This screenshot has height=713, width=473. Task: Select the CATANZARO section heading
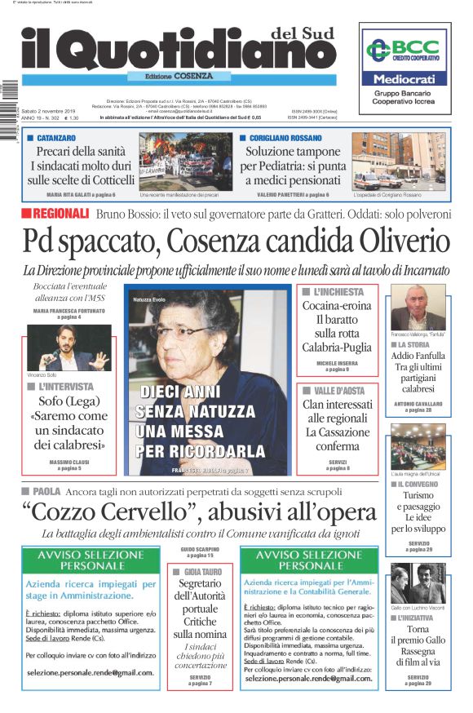tap(55, 139)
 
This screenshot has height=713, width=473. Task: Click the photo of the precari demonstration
tap(185, 162)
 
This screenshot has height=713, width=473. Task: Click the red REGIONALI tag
tap(55, 214)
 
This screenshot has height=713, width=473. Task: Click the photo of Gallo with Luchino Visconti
tap(418, 582)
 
